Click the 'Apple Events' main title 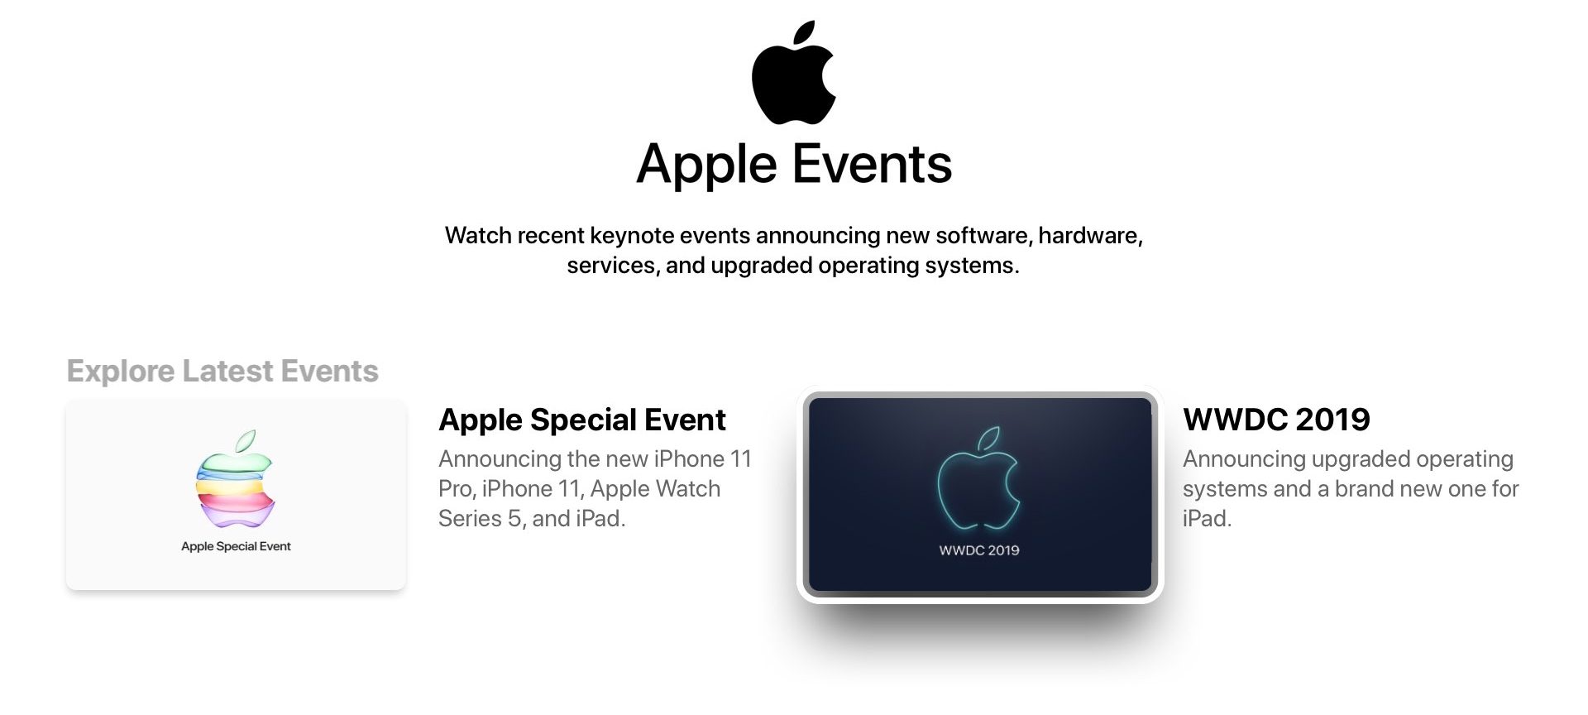[794, 164]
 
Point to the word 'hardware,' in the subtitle [1090, 235]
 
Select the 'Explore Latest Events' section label [222, 371]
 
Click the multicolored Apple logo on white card [236, 479]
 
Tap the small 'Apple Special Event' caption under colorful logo [236, 546]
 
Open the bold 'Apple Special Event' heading [582, 420]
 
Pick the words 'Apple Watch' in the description [655, 488]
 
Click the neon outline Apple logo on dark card [979, 478]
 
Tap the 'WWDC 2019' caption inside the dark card [979, 550]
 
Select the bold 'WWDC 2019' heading [1276, 420]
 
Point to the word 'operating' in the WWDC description [1465, 459]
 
